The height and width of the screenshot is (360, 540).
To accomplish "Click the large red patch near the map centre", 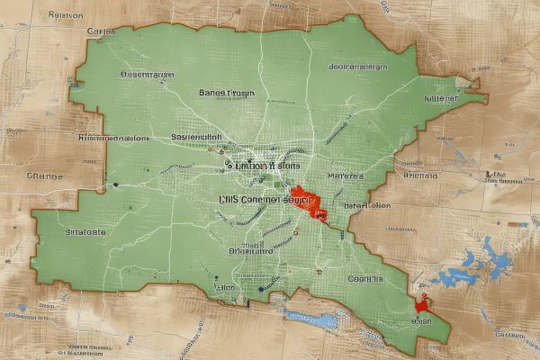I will click(309, 202).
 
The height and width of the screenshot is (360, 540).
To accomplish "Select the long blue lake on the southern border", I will click(311, 318).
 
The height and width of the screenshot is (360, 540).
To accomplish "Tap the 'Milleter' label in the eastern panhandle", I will click(440, 99).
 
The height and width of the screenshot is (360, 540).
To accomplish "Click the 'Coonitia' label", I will click(364, 279).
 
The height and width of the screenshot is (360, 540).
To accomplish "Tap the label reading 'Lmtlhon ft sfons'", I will click(263, 166).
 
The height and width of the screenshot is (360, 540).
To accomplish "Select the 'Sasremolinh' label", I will click(196, 137).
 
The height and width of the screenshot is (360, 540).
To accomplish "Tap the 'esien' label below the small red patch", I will click(420, 320).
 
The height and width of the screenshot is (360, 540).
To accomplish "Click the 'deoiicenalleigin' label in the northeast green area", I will click(358, 67).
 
